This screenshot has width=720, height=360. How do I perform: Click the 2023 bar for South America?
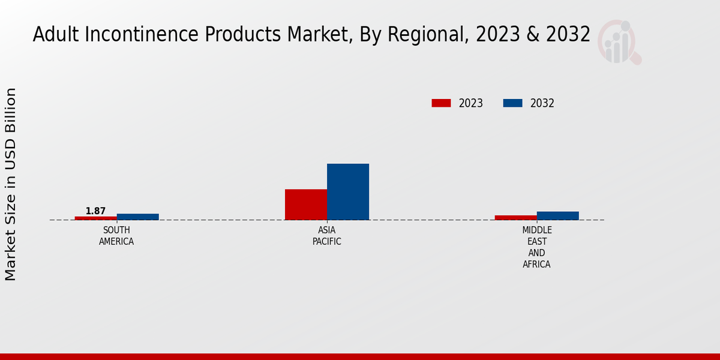point(96,218)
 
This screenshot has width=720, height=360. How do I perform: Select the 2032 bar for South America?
point(138,217)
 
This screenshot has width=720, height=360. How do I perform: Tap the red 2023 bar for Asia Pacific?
point(306,205)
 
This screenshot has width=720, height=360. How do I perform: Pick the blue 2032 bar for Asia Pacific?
point(348,191)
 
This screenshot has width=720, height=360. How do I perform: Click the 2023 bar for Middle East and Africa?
point(516,217)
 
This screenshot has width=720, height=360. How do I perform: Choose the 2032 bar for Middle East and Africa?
point(558,215)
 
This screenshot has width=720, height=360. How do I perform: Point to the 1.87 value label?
point(95,211)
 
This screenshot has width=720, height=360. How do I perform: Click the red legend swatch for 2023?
point(441,103)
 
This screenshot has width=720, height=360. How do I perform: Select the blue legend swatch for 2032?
point(512,103)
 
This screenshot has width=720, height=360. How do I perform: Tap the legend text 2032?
point(542,103)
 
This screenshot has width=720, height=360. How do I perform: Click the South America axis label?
point(116,236)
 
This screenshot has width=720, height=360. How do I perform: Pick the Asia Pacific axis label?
point(327,236)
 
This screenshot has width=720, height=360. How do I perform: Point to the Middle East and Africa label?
point(537,247)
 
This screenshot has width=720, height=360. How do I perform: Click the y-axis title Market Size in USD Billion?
point(11,184)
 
